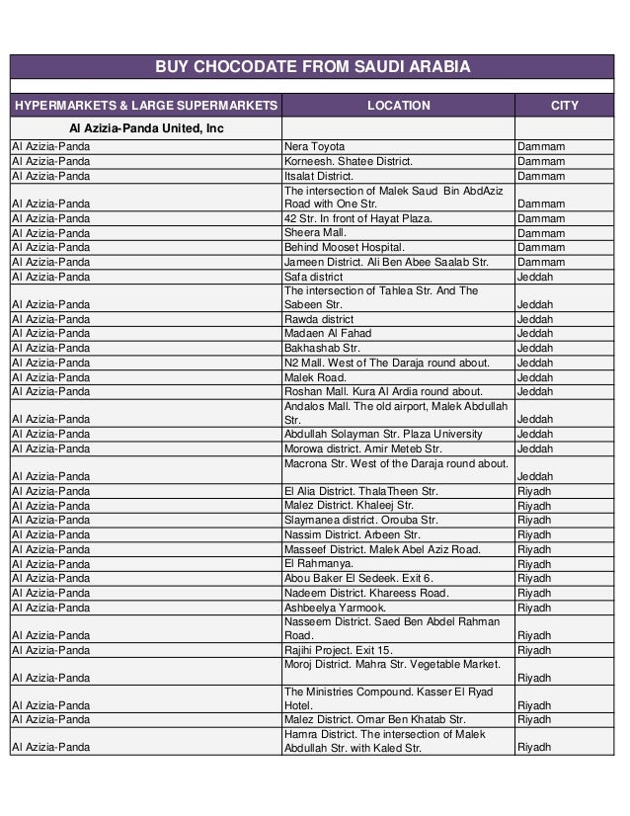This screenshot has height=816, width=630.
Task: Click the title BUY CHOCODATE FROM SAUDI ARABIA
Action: pos(315,67)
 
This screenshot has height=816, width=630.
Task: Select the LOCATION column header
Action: pos(398,105)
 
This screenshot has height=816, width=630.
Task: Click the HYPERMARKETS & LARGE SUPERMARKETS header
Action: pos(145,105)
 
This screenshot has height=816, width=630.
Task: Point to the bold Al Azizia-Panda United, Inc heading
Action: pos(145,128)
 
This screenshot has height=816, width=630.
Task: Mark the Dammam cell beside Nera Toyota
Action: pos(541,146)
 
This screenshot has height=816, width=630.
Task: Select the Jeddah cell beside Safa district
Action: pos(536,278)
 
